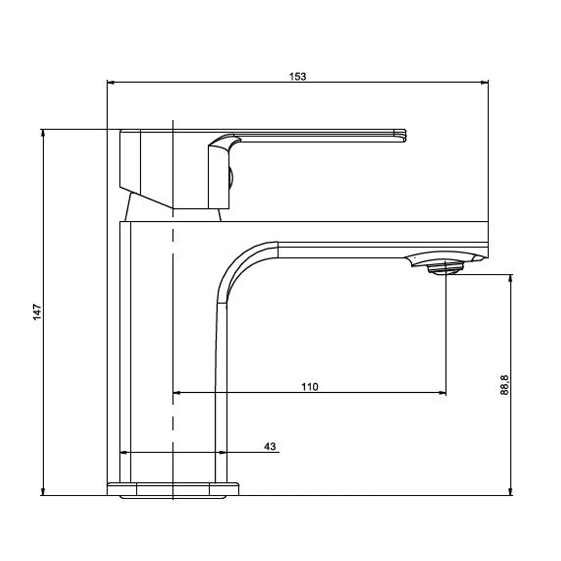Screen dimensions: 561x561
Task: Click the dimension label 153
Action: click(297, 77)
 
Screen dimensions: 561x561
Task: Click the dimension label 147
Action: click(37, 312)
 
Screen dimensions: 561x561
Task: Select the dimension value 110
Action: click(310, 387)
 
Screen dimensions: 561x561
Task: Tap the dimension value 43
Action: click(270, 446)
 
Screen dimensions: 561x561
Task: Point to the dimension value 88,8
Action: click(504, 386)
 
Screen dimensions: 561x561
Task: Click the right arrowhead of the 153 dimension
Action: click(485, 83)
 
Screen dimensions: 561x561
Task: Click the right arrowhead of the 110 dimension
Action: click(442, 393)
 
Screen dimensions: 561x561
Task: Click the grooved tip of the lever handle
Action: click(400, 135)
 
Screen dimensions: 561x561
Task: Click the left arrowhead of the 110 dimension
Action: click(177, 393)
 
